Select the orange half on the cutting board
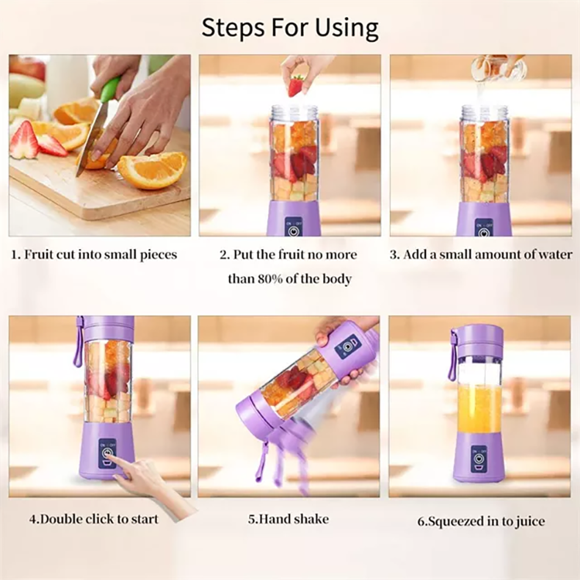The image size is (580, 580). [152, 169]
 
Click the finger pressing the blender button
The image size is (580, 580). [115, 462]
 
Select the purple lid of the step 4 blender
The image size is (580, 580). [107, 328]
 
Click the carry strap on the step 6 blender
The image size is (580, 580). [453, 357]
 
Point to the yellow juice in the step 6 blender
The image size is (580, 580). [479, 408]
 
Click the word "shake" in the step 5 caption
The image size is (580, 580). [311, 520]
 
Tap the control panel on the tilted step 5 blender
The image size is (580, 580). [347, 346]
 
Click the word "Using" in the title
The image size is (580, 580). [346, 28]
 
